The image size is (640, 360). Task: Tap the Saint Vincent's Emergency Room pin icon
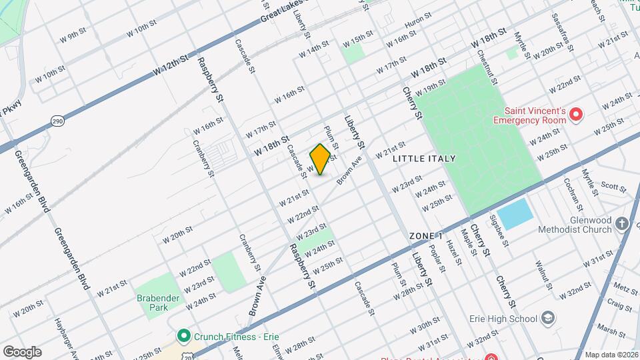tap(576, 115)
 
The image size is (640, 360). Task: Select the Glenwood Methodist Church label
tap(577, 225)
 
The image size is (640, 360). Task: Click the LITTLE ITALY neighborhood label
tap(424, 159)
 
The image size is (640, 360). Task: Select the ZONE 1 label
tap(426, 237)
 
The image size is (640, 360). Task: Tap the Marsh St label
tap(607, 329)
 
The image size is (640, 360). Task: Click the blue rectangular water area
tap(515, 213)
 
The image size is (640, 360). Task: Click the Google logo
tap(22, 351)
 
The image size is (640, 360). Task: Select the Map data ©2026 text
tap(611, 355)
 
